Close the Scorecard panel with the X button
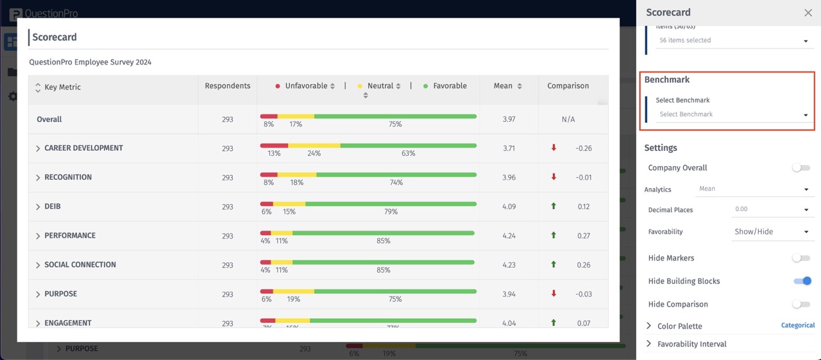[x=808, y=13]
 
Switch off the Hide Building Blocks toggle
[x=802, y=281]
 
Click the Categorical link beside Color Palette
[x=797, y=325]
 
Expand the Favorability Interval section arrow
[x=648, y=344]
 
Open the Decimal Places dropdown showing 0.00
[x=770, y=210]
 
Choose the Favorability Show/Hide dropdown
[x=770, y=232]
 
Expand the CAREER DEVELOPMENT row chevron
[x=38, y=148]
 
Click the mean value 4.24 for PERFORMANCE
[x=509, y=236]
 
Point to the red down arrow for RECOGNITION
[x=554, y=177]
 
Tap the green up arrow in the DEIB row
[x=554, y=207]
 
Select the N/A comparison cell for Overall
[x=568, y=119]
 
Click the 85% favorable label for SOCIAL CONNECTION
[x=383, y=270]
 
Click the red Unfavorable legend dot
[x=278, y=86]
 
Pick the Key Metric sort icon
[x=37, y=87]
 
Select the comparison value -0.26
[x=583, y=148]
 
